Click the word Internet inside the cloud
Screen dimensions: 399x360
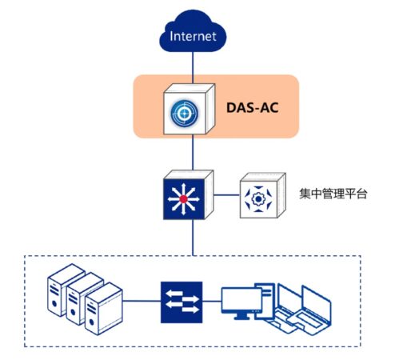point(193,36)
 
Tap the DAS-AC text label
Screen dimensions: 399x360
point(253,108)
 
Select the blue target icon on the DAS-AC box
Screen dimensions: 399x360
point(184,113)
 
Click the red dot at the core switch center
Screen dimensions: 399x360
point(183,199)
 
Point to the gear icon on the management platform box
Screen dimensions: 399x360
point(257,199)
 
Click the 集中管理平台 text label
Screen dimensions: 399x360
point(333,194)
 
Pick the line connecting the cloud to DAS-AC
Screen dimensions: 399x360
point(193,68)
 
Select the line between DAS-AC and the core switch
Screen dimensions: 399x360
point(193,152)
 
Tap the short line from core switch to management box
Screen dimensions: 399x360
point(227,195)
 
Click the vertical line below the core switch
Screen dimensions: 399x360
point(193,238)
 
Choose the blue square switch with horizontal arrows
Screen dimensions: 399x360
point(182,302)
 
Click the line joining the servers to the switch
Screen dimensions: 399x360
point(142,301)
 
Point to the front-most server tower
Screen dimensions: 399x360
point(104,309)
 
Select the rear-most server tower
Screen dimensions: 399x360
point(66,290)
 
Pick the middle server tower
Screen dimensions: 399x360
point(85,298)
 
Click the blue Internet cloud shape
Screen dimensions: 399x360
point(193,31)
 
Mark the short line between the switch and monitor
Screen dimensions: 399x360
point(212,302)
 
